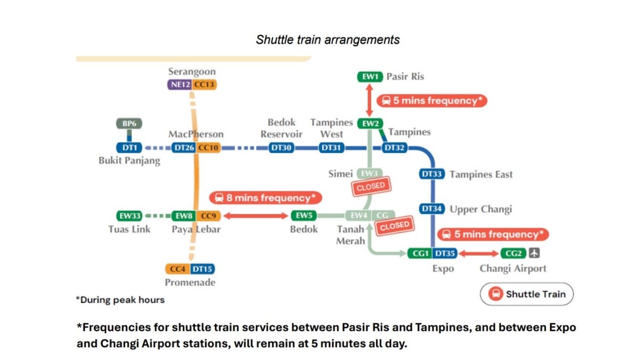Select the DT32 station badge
(x=395, y=148)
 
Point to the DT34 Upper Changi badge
(x=432, y=209)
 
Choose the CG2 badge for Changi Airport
(x=514, y=253)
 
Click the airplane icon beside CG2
(x=534, y=253)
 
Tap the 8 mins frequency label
(x=266, y=198)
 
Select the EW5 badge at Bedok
(x=304, y=216)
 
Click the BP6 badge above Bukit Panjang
(x=129, y=124)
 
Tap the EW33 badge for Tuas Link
(x=129, y=216)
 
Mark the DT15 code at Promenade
(x=203, y=269)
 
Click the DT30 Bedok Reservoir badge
(x=281, y=148)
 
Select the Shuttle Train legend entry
(x=527, y=294)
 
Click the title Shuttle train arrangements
(x=327, y=40)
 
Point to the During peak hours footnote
(x=120, y=300)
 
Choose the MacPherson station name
(x=196, y=134)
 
